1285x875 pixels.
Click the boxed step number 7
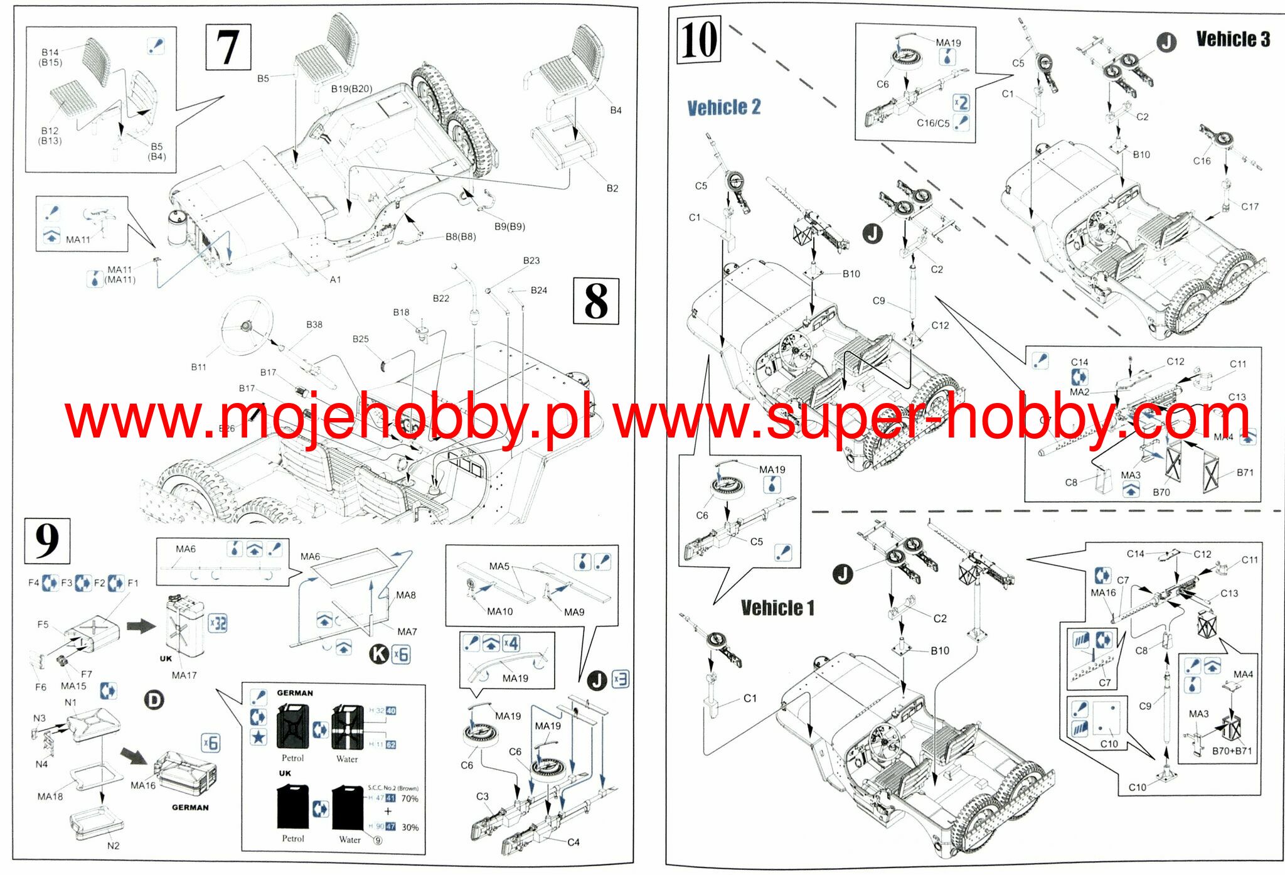[x=228, y=47]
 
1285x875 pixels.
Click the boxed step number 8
[x=595, y=301]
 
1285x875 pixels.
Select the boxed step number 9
[x=47, y=540]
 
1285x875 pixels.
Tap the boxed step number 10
[x=699, y=41]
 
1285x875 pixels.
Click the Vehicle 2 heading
[x=723, y=107]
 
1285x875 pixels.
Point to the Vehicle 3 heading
[x=1232, y=39]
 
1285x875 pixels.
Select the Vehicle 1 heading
[x=777, y=608]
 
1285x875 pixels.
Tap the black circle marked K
[x=379, y=654]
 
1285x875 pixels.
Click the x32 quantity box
[x=218, y=623]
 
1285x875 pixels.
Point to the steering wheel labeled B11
[x=246, y=325]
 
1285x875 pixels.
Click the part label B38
[x=314, y=325]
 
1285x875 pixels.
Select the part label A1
[x=335, y=279]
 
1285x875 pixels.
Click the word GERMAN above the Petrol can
[x=295, y=693]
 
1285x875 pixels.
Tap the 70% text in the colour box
[x=410, y=798]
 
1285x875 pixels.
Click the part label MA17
[x=184, y=675]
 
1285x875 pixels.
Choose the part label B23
[x=531, y=260]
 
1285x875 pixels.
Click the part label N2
[x=113, y=845]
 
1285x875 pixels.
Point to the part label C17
[x=1249, y=207]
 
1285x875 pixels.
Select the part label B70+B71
[x=1231, y=751]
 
